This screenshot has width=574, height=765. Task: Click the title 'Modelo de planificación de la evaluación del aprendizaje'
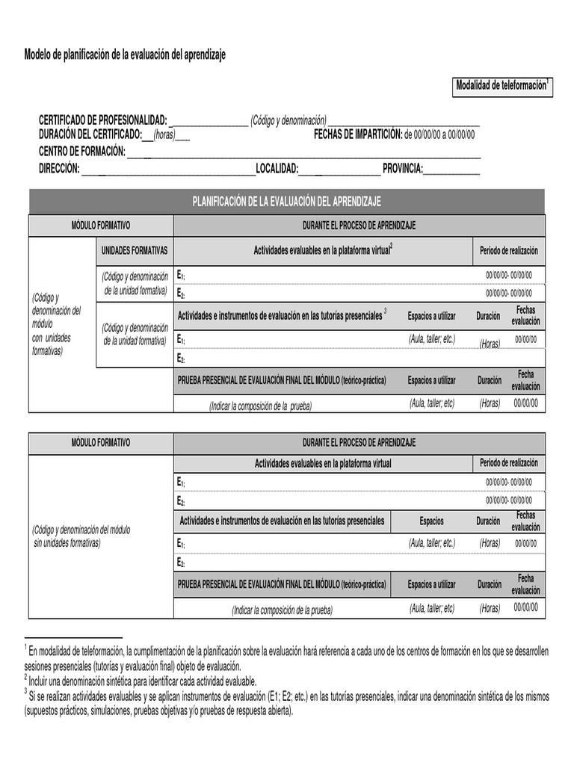(x=124, y=55)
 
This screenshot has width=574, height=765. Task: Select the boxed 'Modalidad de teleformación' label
(x=502, y=86)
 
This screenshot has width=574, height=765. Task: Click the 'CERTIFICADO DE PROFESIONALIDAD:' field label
(x=103, y=120)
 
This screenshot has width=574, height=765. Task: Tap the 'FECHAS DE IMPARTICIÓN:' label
(x=358, y=134)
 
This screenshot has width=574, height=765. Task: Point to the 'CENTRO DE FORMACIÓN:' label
(x=81, y=152)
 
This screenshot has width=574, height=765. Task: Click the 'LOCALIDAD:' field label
(x=277, y=169)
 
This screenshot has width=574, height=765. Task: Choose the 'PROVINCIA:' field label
(x=403, y=169)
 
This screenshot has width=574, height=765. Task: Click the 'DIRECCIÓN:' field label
(x=59, y=169)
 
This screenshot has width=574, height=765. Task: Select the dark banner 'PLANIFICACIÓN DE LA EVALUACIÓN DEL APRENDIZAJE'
(x=286, y=202)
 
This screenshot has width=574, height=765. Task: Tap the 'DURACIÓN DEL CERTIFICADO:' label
(x=90, y=134)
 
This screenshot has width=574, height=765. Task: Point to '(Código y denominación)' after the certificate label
(x=288, y=120)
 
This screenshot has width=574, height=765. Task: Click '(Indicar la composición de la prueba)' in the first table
(x=260, y=406)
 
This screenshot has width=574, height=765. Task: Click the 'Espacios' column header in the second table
(x=431, y=521)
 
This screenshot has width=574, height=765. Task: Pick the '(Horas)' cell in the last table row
(x=490, y=608)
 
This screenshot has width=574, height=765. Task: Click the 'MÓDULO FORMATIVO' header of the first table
(x=100, y=225)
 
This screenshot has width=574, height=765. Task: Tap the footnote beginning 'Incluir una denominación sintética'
(x=142, y=681)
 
